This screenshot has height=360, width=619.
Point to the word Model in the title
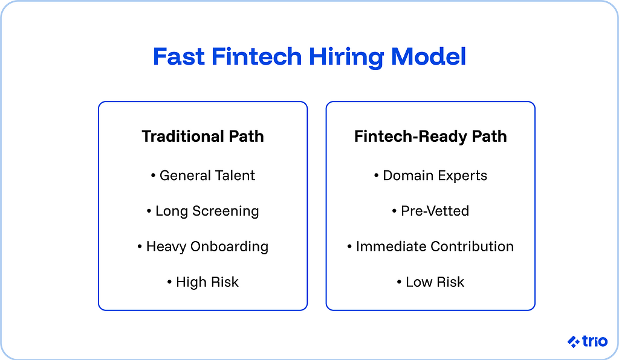[429, 57]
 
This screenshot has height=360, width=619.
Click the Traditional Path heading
[203, 137]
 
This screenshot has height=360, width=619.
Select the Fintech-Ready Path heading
[430, 137]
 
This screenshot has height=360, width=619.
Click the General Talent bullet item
[203, 176]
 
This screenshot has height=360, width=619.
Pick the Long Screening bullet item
[203, 211]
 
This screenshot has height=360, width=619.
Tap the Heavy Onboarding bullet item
[203, 246]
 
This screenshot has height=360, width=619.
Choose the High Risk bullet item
[203, 282]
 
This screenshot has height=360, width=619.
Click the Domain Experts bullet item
[430, 176]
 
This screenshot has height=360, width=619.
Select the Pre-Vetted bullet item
[430, 211]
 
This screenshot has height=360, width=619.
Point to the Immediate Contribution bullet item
[430, 246]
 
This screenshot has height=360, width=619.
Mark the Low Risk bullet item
[430, 282]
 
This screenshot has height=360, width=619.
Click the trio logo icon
[573, 341]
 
